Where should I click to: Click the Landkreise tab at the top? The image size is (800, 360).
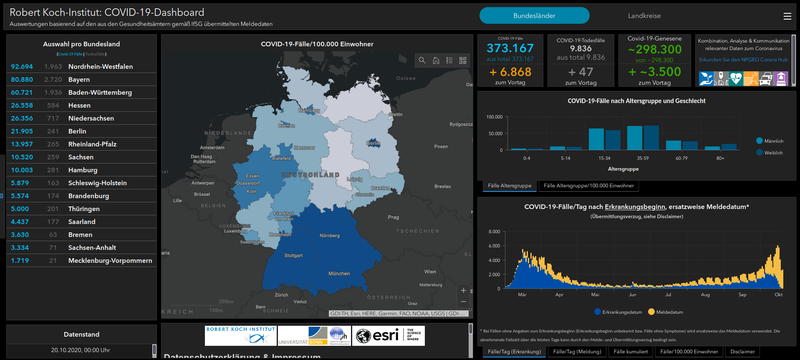(x=644, y=16)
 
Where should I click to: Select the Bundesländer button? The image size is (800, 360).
(x=534, y=16)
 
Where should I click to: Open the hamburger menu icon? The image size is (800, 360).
(x=787, y=16)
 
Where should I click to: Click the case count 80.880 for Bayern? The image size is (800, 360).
(x=22, y=80)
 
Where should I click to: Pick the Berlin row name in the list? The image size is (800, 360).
(x=77, y=131)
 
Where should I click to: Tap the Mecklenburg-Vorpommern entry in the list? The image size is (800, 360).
(x=110, y=261)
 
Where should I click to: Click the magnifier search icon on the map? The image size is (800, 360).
(x=422, y=60)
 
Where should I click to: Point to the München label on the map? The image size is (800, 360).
(x=339, y=274)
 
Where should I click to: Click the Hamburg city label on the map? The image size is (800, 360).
(x=309, y=111)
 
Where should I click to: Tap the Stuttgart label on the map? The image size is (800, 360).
(x=293, y=255)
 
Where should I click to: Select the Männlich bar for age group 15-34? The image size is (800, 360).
(x=596, y=139)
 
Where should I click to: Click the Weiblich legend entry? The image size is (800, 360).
(x=773, y=153)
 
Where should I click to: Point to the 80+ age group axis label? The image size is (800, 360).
(x=720, y=159)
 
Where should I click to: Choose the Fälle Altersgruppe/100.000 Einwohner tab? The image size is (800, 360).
(x=588, y=186)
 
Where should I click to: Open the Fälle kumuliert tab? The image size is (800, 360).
(x=631, y=352)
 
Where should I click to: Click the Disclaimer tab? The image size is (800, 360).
(x=742, y=352)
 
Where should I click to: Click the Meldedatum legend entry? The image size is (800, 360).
(x=669, y=312)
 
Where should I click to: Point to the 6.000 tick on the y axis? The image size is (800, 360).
(x=494, y=246)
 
